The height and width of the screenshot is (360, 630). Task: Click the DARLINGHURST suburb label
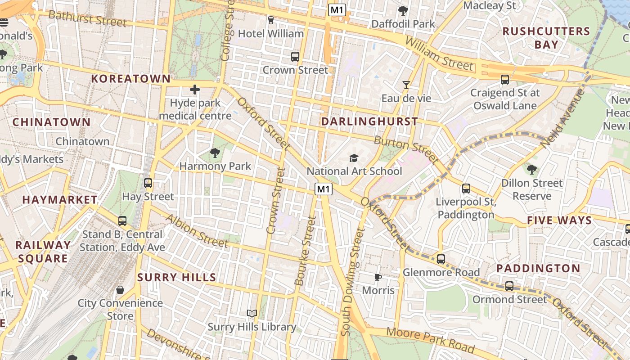click(x=369, y=121)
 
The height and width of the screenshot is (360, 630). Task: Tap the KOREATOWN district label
click(x=131, y=79)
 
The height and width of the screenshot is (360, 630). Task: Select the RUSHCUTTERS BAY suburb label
click(x=546, y=38)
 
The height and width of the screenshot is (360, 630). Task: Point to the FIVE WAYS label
click(x=559, y=220)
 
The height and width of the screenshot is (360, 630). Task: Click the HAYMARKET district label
click(x=60, y=200)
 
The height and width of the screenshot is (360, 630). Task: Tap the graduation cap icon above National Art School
click(x=354, y=158)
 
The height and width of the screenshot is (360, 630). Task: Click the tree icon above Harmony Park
click(x=215, y=153)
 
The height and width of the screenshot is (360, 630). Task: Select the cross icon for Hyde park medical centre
click(x=195, y=90)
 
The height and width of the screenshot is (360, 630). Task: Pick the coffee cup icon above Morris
click(x=378, y=277)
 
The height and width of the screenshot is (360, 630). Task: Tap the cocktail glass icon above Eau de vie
click(x=406, y=85)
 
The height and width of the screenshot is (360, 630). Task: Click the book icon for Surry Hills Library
click(x=252, y=314)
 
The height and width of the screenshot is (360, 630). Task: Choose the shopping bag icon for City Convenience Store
click(x=120, y=290)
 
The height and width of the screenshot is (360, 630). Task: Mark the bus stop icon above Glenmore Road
click(x=441, y=259)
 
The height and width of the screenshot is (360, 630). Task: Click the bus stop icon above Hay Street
click(x=148, y=183)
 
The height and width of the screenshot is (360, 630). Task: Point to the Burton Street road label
click(x=406, y=149)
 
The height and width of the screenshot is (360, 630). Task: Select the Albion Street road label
click(x=197, y=230)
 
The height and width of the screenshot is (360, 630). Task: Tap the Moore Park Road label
click(x=431, y=340)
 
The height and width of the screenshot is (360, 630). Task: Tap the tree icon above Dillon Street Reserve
click(x=532, y=170)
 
